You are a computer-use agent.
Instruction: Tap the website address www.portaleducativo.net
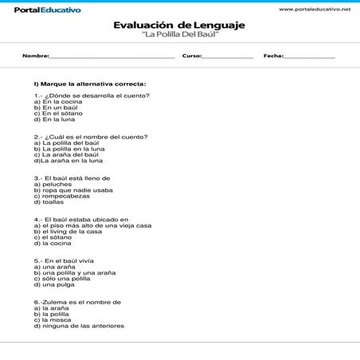(315, 7)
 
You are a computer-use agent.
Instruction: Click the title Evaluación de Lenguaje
(179, 25)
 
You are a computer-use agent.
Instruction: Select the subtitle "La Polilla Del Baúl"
(179, 36)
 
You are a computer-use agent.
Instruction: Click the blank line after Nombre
(112, 57)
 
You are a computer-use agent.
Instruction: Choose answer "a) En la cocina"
(58, 102)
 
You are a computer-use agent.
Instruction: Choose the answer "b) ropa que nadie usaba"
(73, 190)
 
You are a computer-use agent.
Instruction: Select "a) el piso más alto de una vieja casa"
(92, 225)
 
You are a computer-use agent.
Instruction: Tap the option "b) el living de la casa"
(68, 231)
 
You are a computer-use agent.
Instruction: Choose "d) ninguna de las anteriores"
(79, 326)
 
